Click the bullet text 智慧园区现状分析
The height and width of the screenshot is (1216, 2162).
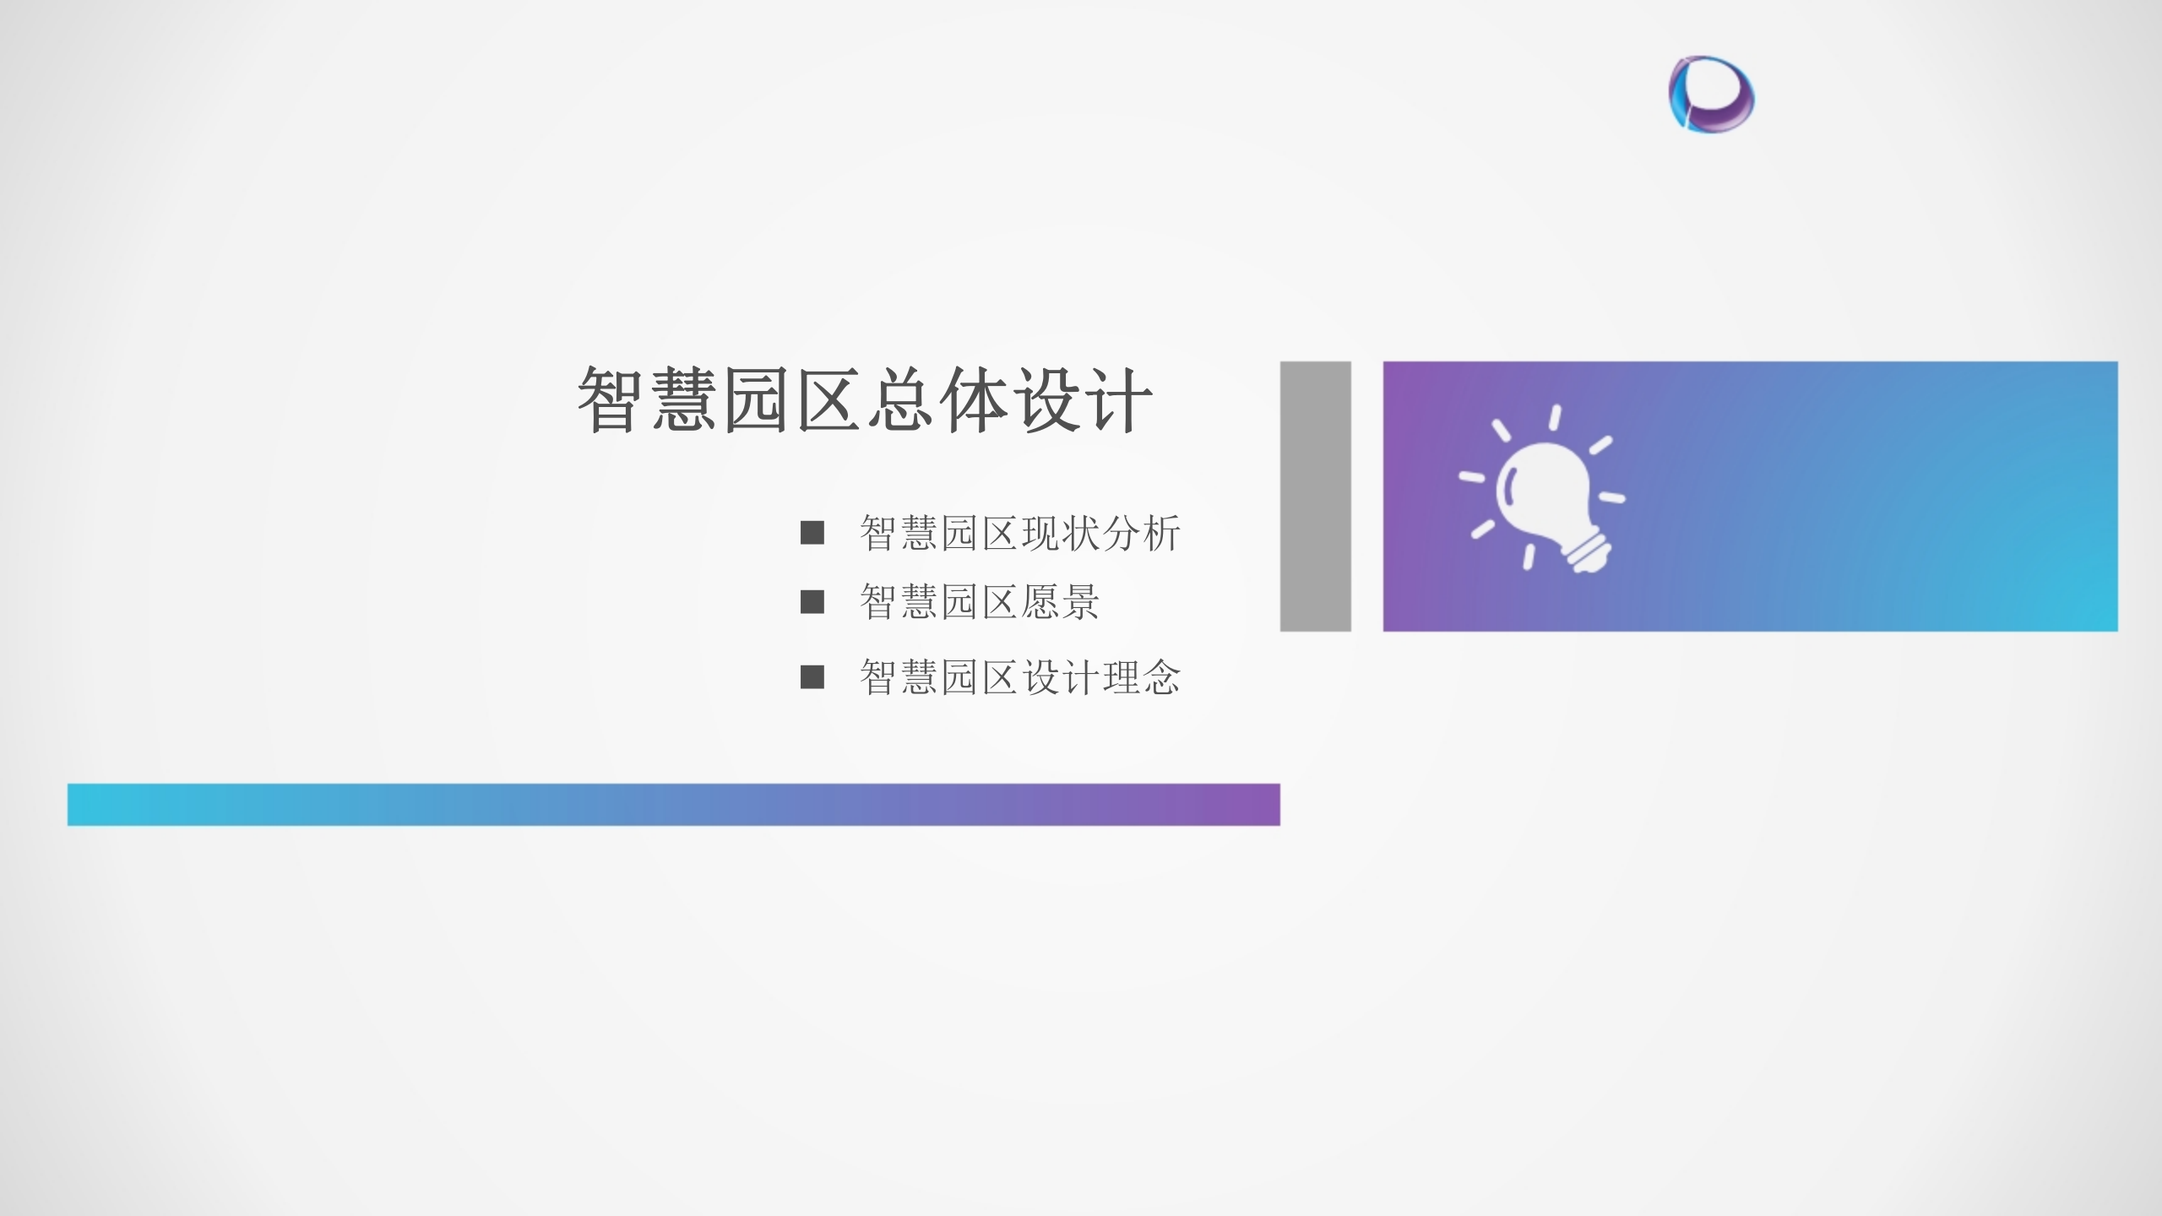click(1019, 534)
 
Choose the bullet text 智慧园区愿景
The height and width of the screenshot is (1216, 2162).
click(979, 602)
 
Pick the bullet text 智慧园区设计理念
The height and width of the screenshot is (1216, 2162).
click(1019, 677)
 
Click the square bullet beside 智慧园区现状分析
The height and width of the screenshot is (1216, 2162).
click(812, 533)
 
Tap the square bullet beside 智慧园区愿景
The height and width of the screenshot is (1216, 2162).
click(812, 602)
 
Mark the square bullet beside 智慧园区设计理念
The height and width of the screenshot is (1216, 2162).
click(812, 677)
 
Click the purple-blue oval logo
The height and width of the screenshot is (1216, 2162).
click(1711, 94)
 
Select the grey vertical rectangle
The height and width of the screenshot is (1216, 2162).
click(1315, 496)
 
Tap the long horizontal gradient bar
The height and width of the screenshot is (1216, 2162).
click(673, 804)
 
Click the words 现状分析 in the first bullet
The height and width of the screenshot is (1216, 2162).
click(1100, 534)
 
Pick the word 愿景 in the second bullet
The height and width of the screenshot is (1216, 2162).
click(1060, 602)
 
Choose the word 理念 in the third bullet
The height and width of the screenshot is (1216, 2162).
click(1141, 677)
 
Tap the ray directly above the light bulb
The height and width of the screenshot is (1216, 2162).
click(1555, 416)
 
